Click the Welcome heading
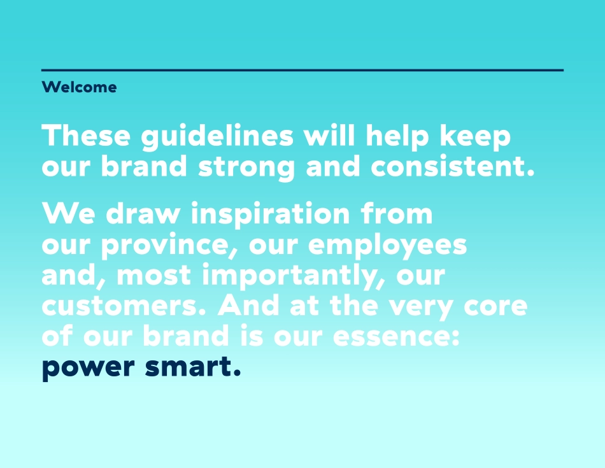(79, 87)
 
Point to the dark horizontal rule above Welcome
(302, 70)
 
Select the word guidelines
(217, 137)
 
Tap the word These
(86, 136)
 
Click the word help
(397, 137)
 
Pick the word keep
(475, 137)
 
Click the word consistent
(453, 166)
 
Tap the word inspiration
(271, 214)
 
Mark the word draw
(143, 213)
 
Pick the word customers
(124, 306)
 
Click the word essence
(396, 337)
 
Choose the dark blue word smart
(193, 367)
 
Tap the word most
(154, 276)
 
